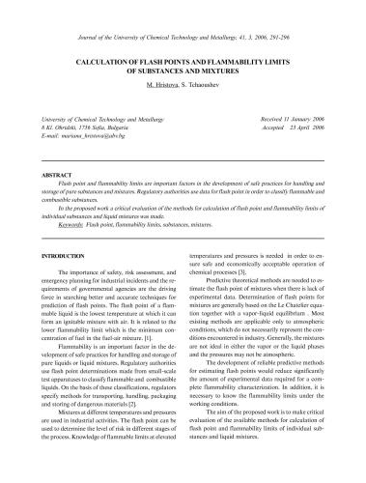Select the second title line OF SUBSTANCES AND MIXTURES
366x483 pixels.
coord(183,71)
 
